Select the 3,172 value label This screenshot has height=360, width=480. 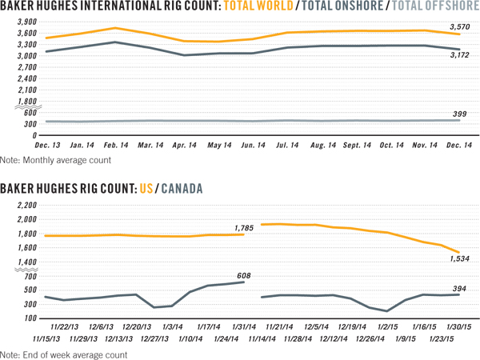(x=459, y=56)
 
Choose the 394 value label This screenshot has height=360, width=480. (x=459, y=289)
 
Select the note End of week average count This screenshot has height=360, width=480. (x=65, y=354)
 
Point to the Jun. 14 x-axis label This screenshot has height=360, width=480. (x=254, y=148)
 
